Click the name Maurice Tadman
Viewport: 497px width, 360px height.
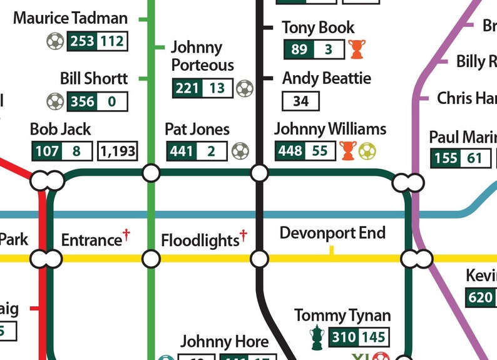point(70,18)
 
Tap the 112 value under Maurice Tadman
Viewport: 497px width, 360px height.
point(112,42)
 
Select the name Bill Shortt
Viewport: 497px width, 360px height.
point(94,78)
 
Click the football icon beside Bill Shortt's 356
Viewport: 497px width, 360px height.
point(55,101)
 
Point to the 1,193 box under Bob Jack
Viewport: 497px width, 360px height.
point(117,151)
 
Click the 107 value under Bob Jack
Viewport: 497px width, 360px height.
point(47,151)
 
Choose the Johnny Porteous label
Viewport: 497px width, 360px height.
point(202,56)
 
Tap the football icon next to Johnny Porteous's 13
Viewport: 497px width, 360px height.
point(245,88)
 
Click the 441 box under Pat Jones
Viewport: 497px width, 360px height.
point(182,151)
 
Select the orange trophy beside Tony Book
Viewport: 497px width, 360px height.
point(357,49)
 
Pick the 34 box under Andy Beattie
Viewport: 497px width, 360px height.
point(301,100)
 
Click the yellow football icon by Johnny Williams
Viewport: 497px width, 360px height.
point(367,151)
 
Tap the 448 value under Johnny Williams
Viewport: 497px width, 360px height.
point(290,151)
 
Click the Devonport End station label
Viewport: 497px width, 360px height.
point(332,234)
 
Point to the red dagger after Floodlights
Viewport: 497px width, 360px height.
point(243,235)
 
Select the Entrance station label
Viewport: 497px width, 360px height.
point(91,240)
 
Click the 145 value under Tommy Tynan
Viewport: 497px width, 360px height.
point(373,337)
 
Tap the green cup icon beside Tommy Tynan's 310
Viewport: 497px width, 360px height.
point(317,337)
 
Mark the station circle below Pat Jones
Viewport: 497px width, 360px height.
point(151,173)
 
